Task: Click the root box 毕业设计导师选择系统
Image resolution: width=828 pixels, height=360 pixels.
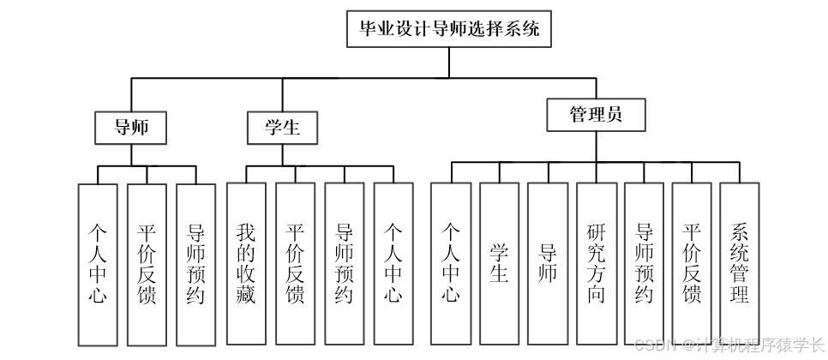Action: pyautogui.click(x=449, y=28)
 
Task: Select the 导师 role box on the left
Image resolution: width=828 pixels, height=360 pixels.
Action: pyautogui.click(x=130, y=128)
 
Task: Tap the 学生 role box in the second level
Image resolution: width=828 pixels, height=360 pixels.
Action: pyautogui.click(x=284, y=128)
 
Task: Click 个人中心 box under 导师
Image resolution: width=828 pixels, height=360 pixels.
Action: pyautogui.click(x=97, y=264)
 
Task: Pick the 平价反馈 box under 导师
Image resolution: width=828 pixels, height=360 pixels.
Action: pyautogui.click(x=146, y=264)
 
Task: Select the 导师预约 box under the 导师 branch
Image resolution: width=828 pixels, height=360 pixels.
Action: pyautogui.click(x=195, y=264)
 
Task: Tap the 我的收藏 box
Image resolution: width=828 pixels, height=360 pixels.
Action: pyautogui.click(x=246, y=262)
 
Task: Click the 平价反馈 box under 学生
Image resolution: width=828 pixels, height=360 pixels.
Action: pyautogui.click(x=295, y=262)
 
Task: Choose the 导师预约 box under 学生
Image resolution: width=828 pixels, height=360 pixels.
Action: pyautogui.click(x=344, y=262)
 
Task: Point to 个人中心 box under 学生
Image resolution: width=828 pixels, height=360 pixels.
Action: pyautogui.click(x=393, y=262)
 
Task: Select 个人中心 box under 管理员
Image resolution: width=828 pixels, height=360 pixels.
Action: pyautogui.click(x=451, y=262)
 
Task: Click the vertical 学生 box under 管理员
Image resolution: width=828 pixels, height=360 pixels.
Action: pyautogui.click(x=499, y=262)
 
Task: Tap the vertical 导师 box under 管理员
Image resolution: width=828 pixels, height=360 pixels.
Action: pyautogui.click(x=548, y=262)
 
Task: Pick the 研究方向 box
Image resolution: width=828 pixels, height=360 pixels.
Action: pyautogui.click(x=597, y=262)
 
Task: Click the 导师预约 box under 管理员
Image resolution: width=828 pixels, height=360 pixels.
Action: pyautogui.click(x=645, y=262)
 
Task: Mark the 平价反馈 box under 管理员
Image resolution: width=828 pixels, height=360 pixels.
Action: pyautogui.click(x=692, y=262)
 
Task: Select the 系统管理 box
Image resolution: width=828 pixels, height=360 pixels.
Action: pyautogui.click(x=739, y=262)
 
